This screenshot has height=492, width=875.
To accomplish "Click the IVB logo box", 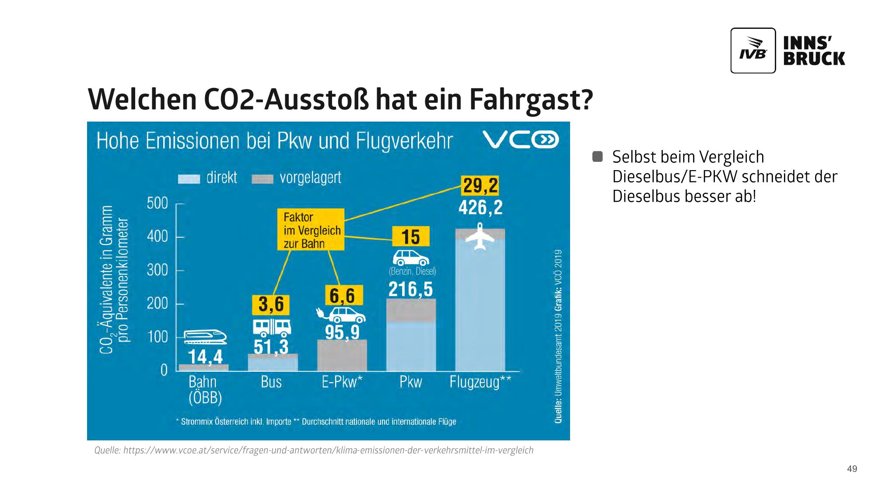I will coord(753,51).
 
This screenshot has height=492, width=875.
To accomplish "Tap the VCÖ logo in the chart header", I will coord(521,141).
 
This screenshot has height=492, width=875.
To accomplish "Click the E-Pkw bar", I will coord(342,356).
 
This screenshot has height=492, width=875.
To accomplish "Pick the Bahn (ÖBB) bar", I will coord(203,367).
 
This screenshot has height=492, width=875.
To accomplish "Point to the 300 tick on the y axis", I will coord(157,270).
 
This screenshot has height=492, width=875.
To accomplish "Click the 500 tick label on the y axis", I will coord(157,203).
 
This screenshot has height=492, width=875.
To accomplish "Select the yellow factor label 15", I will coord(410,237).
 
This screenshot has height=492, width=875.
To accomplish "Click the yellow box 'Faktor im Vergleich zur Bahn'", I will coord(311,230).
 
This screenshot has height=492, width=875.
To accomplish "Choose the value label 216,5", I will coord(410,290).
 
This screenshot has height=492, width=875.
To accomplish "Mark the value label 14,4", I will coord(205,357).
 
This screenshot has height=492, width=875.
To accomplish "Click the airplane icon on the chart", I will coord(480,237).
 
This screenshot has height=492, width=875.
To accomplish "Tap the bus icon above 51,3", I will coord(272,327).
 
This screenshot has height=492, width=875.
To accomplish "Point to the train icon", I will coord(205,337).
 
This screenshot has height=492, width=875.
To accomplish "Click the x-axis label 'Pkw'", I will coord(410,382).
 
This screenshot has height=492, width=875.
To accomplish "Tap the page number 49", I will coord(852,469).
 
